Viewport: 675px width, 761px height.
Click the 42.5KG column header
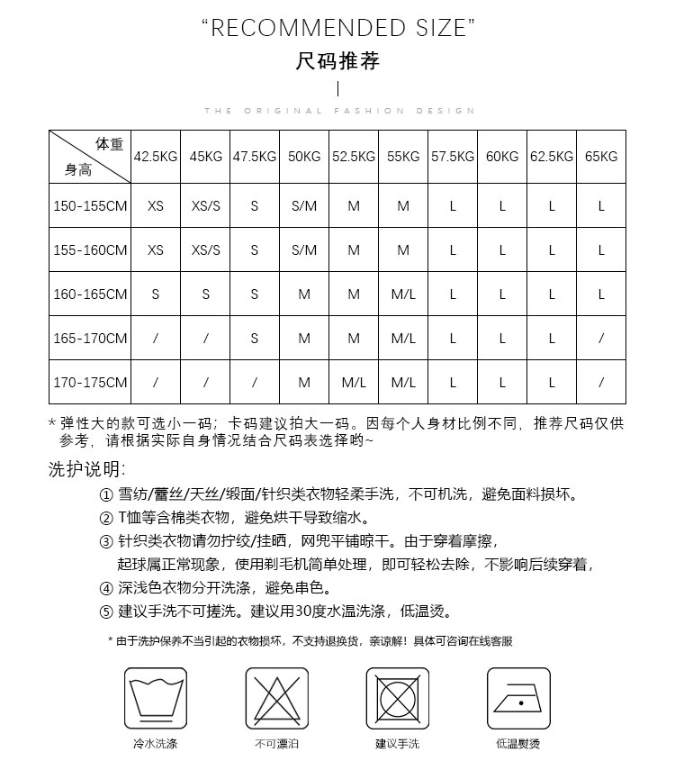[x=156, y=157]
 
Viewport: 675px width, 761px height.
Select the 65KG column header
[x=601, y=157]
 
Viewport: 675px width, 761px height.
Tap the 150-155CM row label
[x=90, y=206]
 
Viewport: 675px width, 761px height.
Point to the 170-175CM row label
[x=90, y=383]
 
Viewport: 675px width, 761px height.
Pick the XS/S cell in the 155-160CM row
[x=206, y=250]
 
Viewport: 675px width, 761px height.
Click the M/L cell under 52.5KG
[x=354, y=383]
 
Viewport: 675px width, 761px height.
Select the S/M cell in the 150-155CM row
[x=304, y=206]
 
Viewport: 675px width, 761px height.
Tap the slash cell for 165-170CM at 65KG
[x=601, y=339]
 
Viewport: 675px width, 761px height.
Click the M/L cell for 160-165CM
[x=403, y=294]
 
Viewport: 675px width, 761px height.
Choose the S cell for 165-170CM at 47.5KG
[x=255, y=339]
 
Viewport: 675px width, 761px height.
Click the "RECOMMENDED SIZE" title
[x=337, y=30]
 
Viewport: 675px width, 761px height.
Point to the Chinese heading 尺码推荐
[x=337, y=61]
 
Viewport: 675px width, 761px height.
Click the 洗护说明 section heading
[x=86, y=469]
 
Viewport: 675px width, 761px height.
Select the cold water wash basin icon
[x=155, y=698]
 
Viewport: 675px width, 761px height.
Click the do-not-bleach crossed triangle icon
[x=276, y=698]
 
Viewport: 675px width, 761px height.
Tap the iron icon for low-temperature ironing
[x=518, y=698]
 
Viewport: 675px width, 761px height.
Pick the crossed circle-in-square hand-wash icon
[x=397, y=698]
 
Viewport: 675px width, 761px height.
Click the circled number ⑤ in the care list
[x=105, y=612]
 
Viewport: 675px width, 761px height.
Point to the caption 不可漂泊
[x=276, y=744]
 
